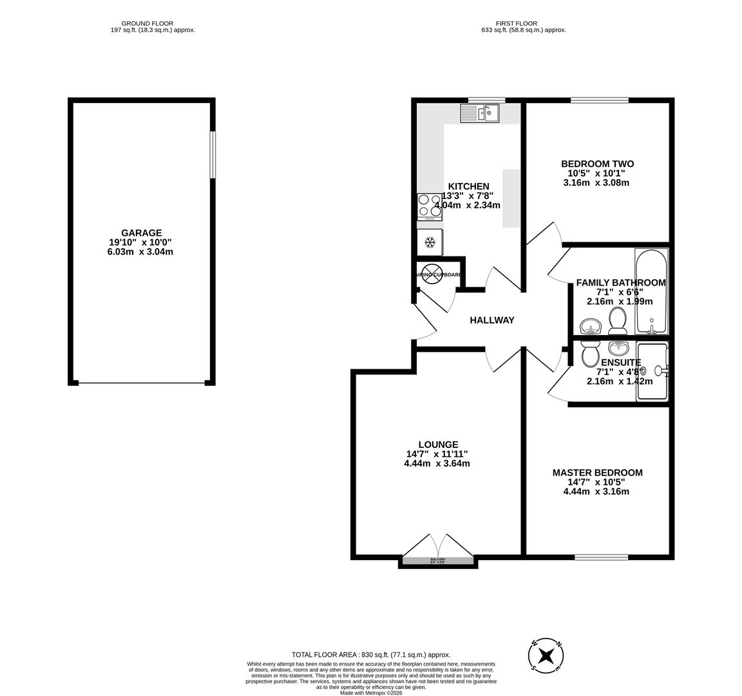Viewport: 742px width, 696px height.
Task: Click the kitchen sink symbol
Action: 480,113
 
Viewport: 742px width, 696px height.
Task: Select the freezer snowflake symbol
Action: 430,243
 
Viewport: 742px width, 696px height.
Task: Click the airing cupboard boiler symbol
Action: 430,274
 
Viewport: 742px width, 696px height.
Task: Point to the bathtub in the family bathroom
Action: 651,291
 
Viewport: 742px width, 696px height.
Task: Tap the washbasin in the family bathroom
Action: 589,327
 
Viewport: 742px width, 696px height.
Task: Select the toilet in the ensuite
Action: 589,353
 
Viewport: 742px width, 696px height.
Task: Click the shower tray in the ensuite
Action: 652,372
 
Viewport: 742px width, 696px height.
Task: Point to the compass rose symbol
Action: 546,656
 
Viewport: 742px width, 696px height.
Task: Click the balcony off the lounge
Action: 438,561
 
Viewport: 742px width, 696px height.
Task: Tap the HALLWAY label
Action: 491,320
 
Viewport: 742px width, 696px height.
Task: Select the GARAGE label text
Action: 141,233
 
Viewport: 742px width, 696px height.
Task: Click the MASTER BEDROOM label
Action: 597,472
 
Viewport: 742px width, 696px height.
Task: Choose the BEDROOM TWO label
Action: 597,164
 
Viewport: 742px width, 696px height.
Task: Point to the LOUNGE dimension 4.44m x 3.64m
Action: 437,463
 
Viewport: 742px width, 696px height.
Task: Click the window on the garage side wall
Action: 212,155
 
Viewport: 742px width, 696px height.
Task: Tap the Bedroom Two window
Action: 599,101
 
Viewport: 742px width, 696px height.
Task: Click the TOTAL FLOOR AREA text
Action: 370,654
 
